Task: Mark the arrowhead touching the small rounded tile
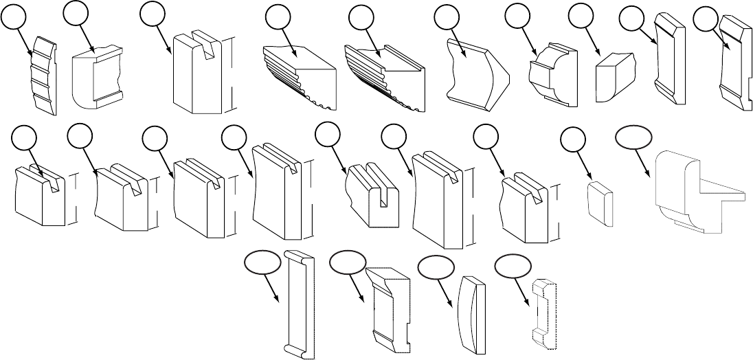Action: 591,181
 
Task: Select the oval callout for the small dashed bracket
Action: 513,265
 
